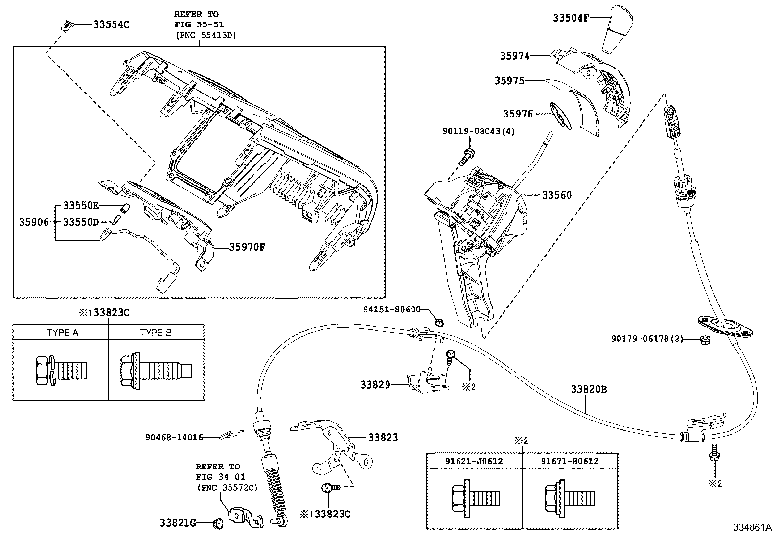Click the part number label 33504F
[x=571, y=18]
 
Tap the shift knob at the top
[x=618, y=29]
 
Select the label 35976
[x=518, y=114]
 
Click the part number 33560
[x=557, y=195]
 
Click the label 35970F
[x=247, y=247]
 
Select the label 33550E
[x=81, y=205]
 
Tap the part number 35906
[x=34, y=222]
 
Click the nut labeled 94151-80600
[x=439, y=322]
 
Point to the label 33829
[x=375, y=385]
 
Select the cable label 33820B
[x=589, y=389]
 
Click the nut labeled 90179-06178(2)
[x=705, y=340]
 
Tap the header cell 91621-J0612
[x=474, y=461]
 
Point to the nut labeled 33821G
[x=218, y=523]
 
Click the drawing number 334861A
[x=753, y=528]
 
